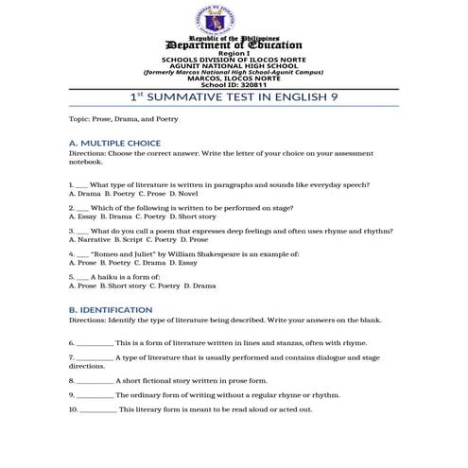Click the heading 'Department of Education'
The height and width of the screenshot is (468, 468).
pyautogui.click(x=234, y=44)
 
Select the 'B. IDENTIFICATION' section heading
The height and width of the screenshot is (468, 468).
pyautogui.click(x=111, y=310)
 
